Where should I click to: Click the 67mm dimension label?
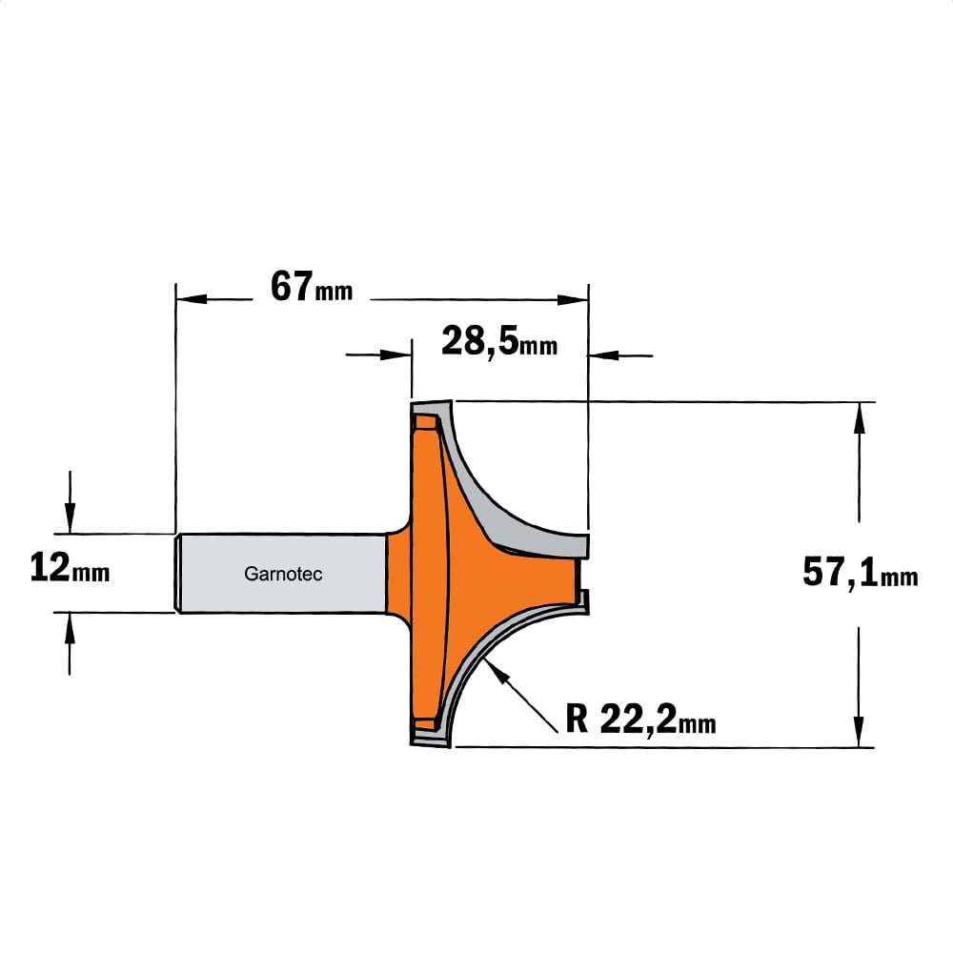312,287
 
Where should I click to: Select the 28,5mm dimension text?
499,341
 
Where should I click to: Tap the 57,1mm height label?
860,573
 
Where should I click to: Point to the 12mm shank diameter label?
70,568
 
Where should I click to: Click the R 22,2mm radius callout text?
640,720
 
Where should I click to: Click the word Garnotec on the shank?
283,574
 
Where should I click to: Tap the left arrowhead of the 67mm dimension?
191,299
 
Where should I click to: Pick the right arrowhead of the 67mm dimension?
573,299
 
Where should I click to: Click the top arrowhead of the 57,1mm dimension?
859,417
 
